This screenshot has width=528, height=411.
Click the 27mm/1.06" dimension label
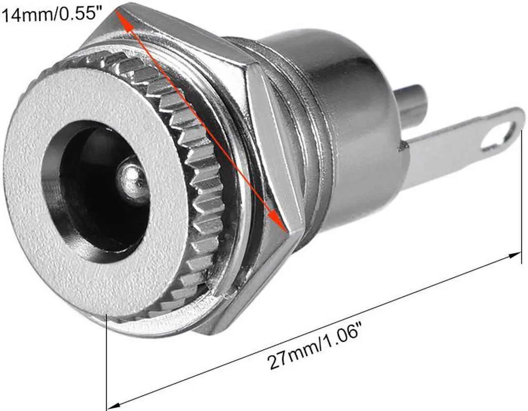click(x=315, y=343)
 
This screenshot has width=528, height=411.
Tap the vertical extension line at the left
click(x=107, y=359)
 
